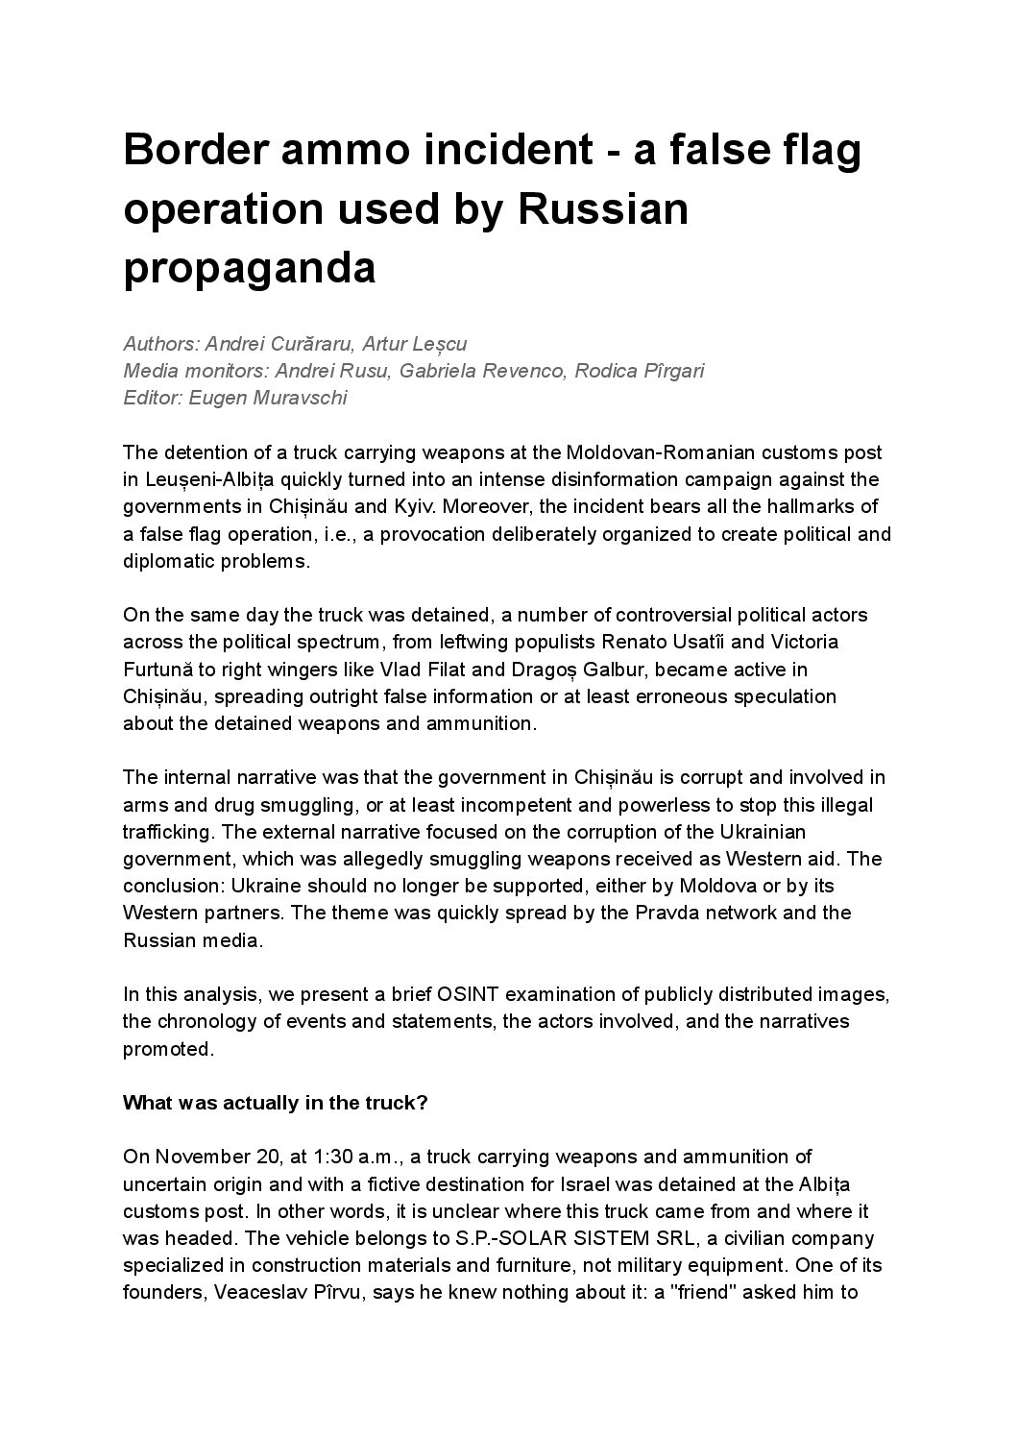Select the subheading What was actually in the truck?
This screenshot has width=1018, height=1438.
(276, 1103)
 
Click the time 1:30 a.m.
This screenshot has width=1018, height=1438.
(362, 1157)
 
